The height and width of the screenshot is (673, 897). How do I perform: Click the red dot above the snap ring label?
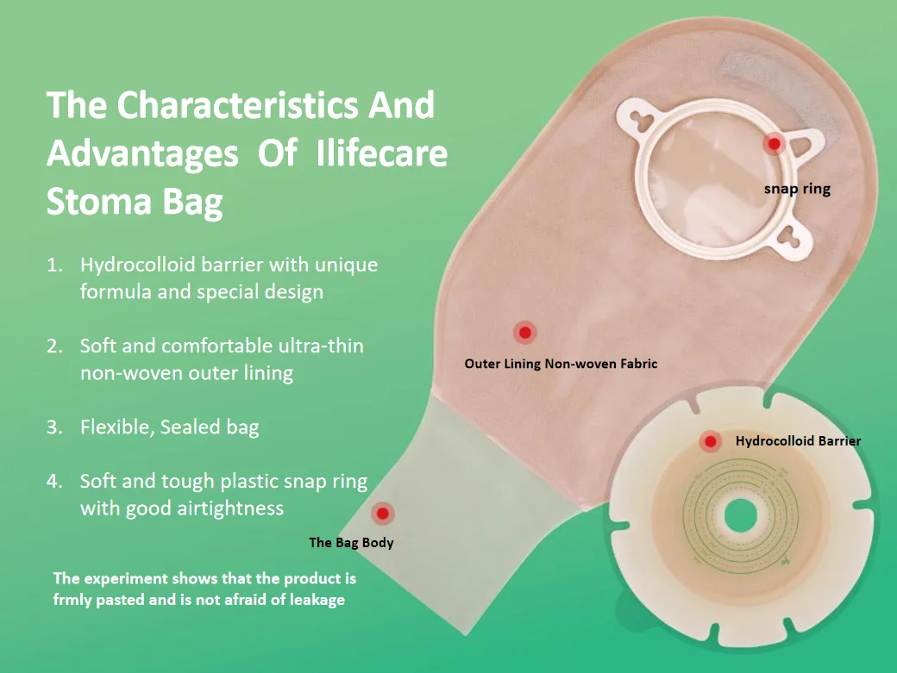coord(774,144)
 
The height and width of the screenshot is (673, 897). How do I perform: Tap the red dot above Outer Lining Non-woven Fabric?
coord(524,332)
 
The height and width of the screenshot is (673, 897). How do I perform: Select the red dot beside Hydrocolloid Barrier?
coord(711,442)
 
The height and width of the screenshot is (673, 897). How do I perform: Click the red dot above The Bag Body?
coord(383,514)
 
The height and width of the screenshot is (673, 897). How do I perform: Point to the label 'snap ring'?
coord(797,188)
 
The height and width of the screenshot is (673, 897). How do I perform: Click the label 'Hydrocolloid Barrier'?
coord(798,441)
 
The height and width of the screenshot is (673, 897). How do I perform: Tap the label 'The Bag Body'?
coord(350,543)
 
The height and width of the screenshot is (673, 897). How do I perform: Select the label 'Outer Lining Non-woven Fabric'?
coord(561,364)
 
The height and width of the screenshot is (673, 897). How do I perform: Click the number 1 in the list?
coord(53,265)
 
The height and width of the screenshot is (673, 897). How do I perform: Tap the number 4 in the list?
coord(53,481)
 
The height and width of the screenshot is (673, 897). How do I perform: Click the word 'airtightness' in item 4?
coord(229,508)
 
